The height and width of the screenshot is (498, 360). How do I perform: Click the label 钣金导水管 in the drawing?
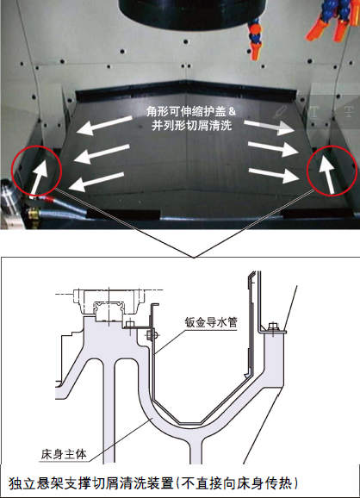point(211,322)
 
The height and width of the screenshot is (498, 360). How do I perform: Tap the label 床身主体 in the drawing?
point(64,454)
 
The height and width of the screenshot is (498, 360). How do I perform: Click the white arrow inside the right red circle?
point(326,173)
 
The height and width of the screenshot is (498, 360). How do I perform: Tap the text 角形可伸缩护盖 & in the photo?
point(191,111)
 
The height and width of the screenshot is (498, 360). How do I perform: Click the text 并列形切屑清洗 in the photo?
point(191,126)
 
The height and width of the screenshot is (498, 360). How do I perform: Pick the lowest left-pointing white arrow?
point(96,182)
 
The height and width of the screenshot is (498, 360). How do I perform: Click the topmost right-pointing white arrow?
point(270,127)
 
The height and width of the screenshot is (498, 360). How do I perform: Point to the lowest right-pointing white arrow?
point(274,175)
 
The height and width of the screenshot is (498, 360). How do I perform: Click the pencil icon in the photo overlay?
point(279,112)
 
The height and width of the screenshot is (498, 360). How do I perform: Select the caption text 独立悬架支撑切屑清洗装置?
point(91,483)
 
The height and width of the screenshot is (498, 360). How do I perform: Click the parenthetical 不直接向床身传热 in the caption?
point(237,483)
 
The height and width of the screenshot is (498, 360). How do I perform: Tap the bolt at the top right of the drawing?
point(273,327)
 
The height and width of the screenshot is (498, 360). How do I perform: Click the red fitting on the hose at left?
point(49,199)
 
